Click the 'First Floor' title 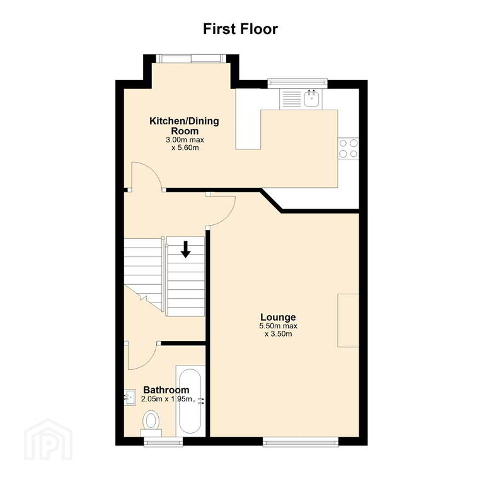coord(241,29)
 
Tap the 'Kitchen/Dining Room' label coord(184,125)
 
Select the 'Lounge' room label coord(278,317)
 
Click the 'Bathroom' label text coord(166,390)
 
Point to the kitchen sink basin coord(312,98)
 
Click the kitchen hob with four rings coord(349,148)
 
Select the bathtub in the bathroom coord(190,401)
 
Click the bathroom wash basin coord(130,397)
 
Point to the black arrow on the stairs coord(185,250)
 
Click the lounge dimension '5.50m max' coord(279,326)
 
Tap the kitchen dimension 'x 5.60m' coord(185,147)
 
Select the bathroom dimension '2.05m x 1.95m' coord(166,399)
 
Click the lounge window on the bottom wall coord(301,442)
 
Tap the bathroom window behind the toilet coord(164,442)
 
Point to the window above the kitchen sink coord(297,82)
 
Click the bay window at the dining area coord(191,59)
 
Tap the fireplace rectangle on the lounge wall coord(348,320)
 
